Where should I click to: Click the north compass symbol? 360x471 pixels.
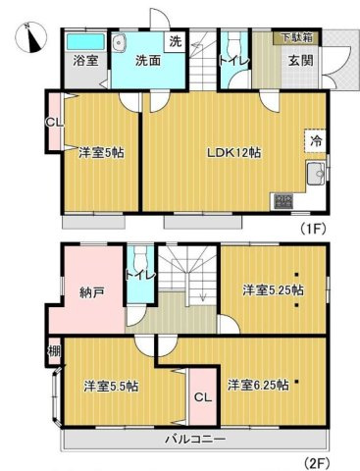coord(31,36)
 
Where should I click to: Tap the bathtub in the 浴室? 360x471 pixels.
coord(85,42)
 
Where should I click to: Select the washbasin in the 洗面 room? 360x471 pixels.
coord(119,42)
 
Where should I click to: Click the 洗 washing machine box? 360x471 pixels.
coord(176,41)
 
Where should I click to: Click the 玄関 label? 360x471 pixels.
coord(300,61)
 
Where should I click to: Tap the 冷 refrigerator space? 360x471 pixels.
coord(316,141)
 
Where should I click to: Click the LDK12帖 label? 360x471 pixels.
coord(234,152)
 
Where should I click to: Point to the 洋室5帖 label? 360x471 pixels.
coord(101,152)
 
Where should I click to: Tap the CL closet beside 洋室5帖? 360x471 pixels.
coord(54,122)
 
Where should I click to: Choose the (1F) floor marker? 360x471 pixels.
coord(313,229)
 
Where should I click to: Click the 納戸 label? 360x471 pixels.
coord(92,292)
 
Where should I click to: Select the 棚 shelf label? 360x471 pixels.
coord(55,351)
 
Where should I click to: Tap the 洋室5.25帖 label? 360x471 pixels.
coord(273,290)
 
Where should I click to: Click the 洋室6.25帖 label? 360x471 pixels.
coord(258,385)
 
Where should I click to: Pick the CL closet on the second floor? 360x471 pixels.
coord(203,397)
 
